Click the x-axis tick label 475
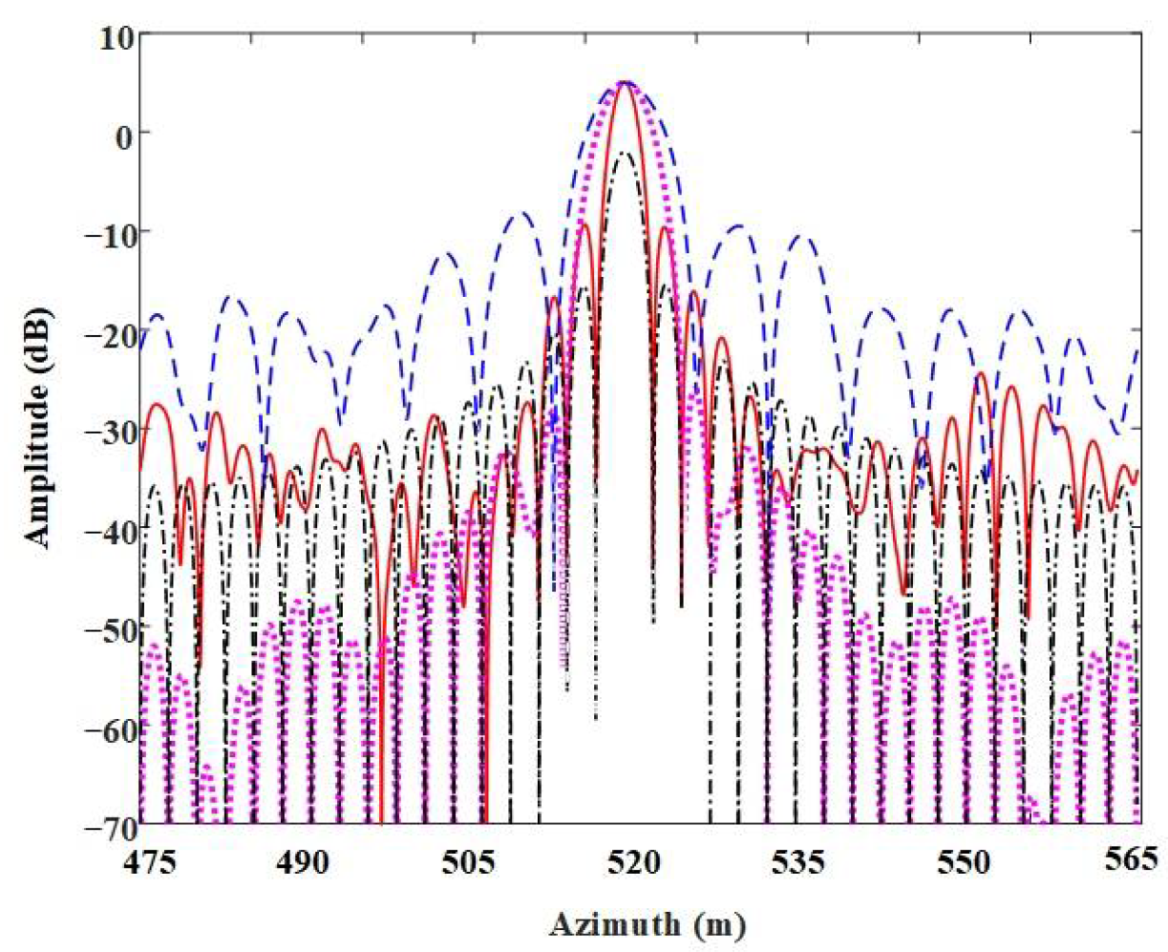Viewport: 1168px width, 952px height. (143, 859)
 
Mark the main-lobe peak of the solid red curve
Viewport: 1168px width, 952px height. (626, 84)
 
